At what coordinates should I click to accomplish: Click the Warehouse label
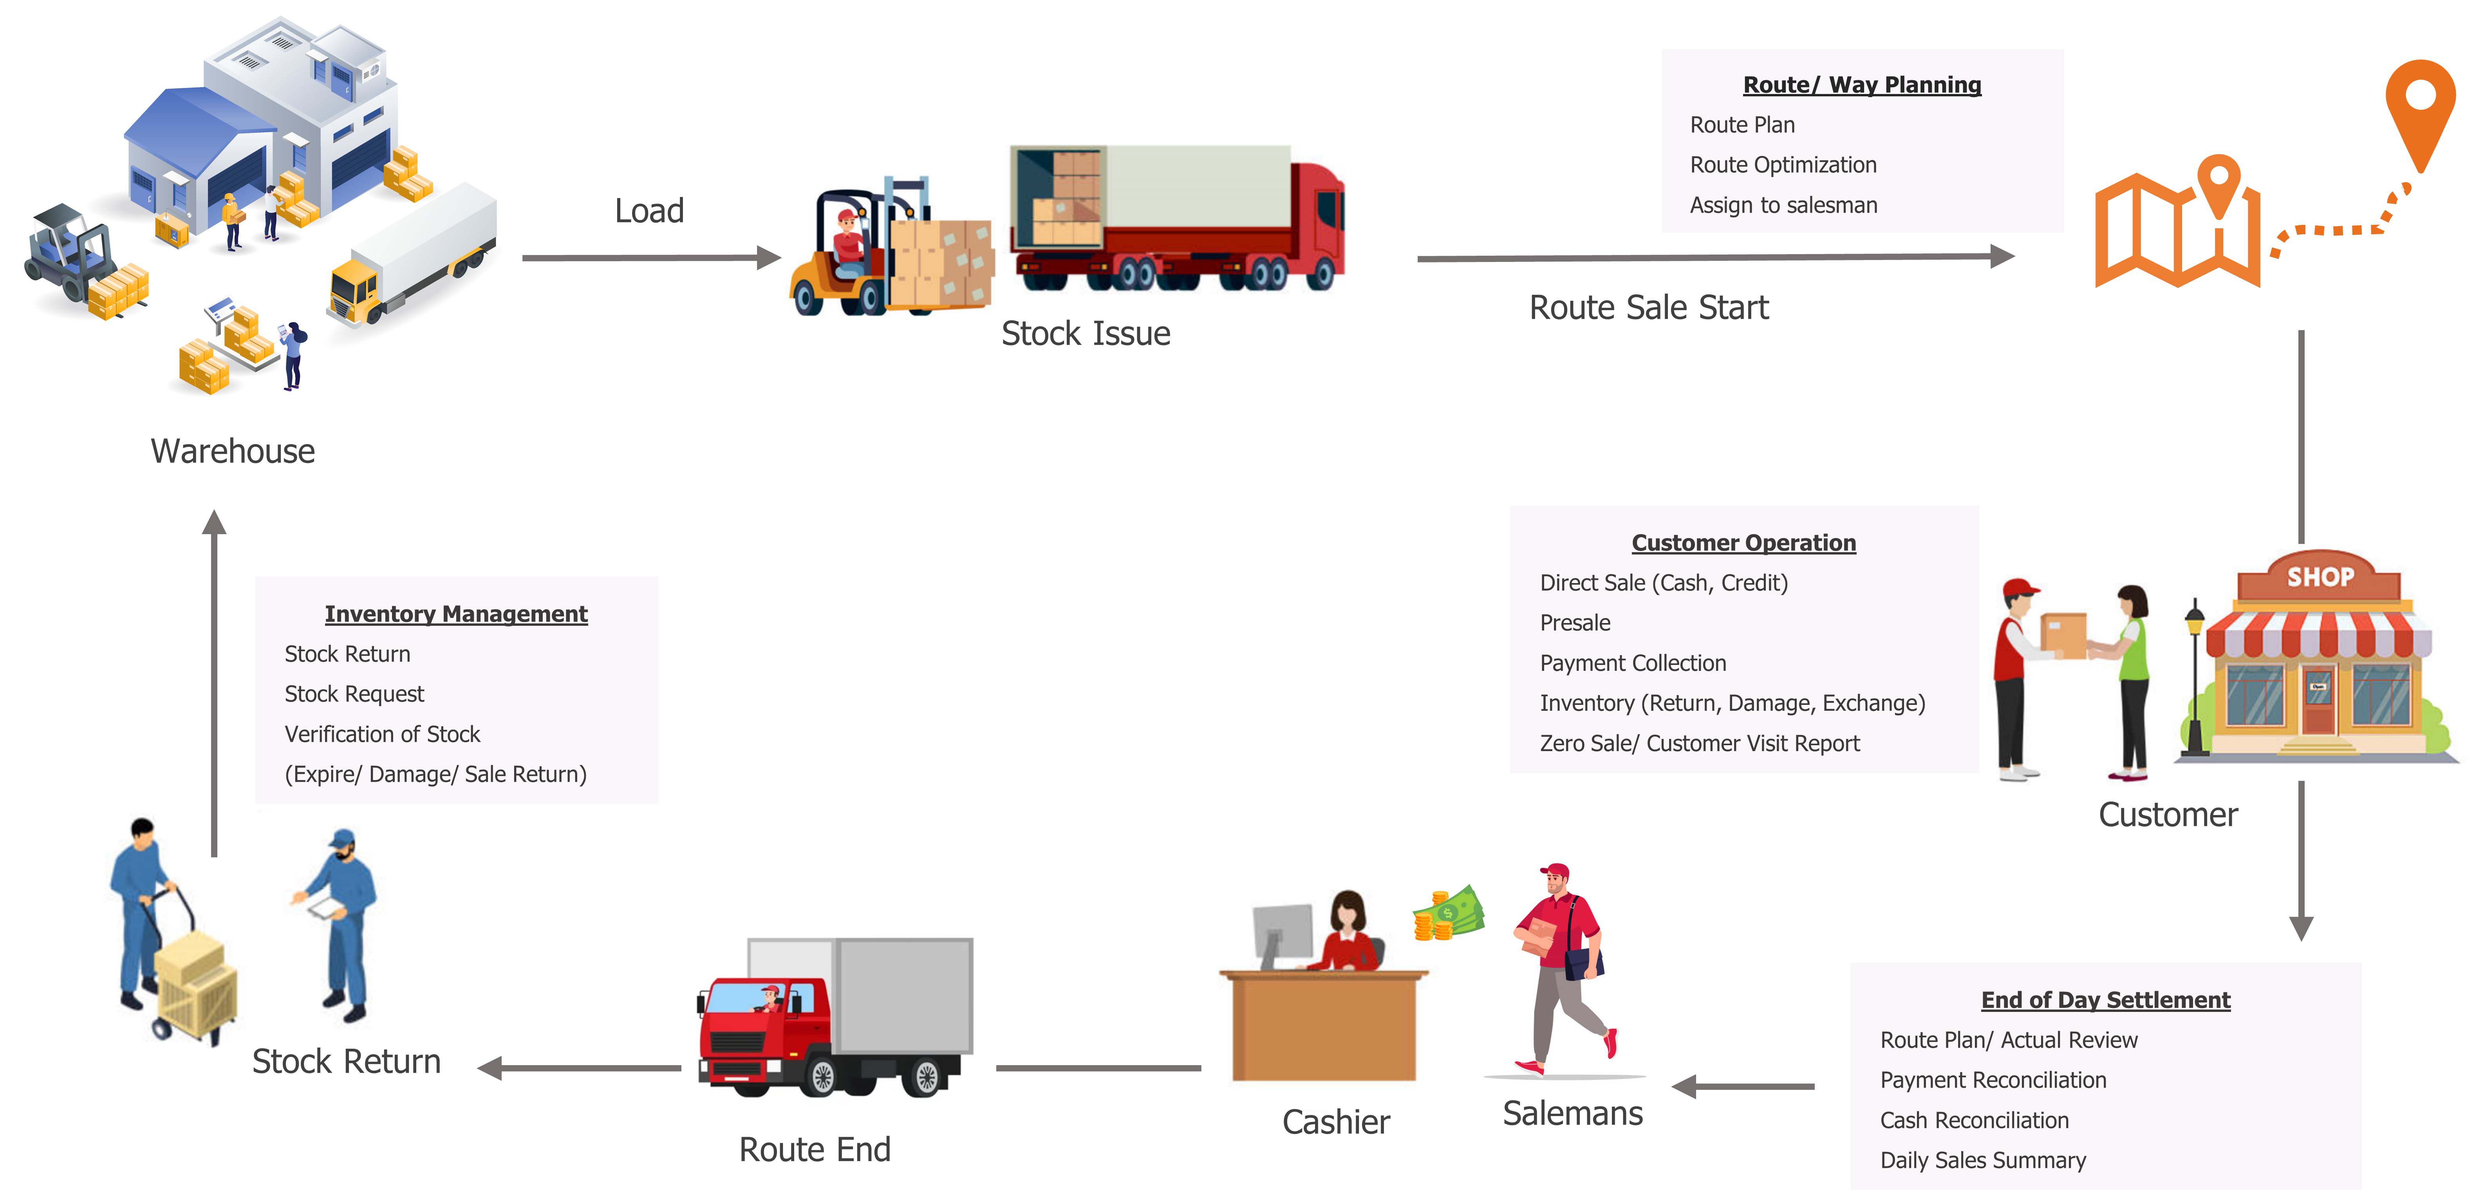point(233,451)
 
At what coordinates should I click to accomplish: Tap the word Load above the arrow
point(650,210)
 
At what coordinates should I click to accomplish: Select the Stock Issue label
point(1086,333)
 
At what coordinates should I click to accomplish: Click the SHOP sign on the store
point(2320,576)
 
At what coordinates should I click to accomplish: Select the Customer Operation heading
point(1743,543)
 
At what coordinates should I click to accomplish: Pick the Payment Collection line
point(1632,663)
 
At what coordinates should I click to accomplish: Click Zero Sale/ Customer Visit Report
point(1699,744)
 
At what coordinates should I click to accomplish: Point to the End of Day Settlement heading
point(2105,1000)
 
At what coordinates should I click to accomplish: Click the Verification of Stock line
point(381,734)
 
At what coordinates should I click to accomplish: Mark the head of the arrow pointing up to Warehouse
point(214,522)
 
